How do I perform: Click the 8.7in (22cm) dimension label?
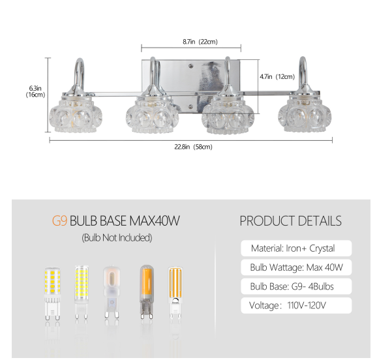(200, 42)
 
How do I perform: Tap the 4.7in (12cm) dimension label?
(277, 77)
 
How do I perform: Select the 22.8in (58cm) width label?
(193, 147)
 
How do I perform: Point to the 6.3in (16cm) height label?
(36, 91)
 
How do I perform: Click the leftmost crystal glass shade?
(76, 115)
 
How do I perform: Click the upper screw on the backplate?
(191, 65)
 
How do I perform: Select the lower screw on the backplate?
(191, 106)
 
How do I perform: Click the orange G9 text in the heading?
(59, 221)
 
